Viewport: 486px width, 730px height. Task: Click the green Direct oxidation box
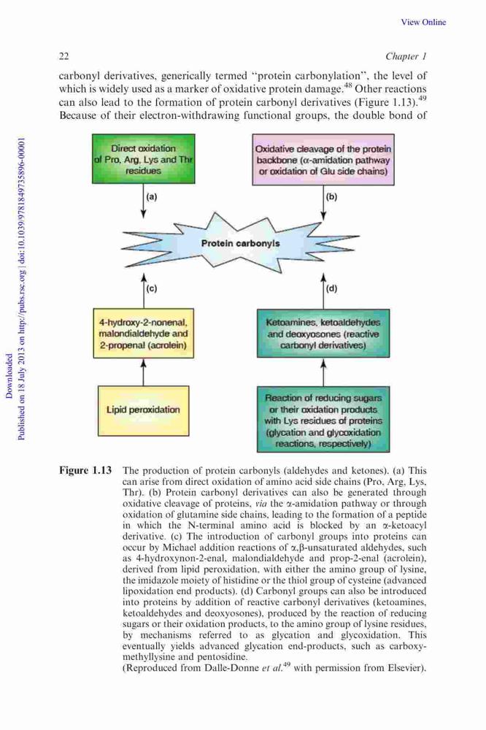(x=143, y=158)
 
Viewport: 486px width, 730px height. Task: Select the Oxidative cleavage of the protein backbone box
(x=323, y=160)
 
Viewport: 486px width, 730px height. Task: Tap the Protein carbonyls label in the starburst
(x=240, y=243)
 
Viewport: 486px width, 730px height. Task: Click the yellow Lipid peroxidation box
(x=143, y=410)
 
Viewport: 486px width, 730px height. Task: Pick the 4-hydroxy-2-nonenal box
(x=143, y=334)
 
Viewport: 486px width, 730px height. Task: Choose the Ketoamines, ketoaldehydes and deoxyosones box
(x=323, y=334)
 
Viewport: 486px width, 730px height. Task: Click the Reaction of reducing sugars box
(x=323, y=419)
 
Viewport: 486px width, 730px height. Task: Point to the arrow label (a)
(x=152, y=196)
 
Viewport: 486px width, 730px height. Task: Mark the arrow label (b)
(x=331, y=196)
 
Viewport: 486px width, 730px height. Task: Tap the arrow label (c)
(x=152, y=288)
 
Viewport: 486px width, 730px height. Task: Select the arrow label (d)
(x=331, y=288)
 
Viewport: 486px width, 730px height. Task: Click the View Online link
(x=423, y=22)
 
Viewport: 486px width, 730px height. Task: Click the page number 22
(x=64, y=56)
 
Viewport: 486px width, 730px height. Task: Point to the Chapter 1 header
(x=406, y=56)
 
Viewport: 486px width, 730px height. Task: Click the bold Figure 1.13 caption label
(x=85, y=469)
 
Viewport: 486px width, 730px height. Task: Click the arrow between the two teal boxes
(x=323, y=372)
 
